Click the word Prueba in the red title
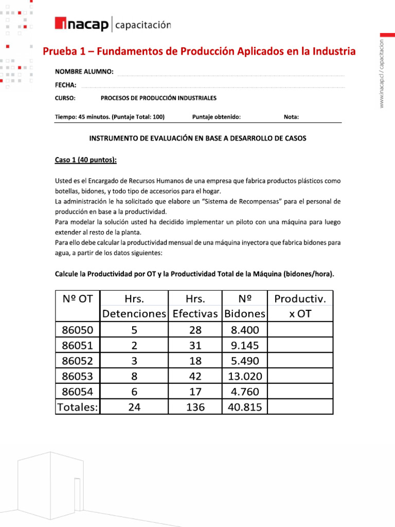point(59,51)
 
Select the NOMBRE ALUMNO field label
point(84,72)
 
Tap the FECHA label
point(66,85)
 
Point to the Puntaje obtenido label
point(216,117)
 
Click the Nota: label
point(291,117)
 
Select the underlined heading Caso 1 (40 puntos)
point(86,160)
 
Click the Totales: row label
point(77,407)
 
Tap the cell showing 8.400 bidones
point(245,329)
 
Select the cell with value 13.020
point(245,376)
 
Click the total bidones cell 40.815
point(245,407)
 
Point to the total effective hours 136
point(195,407)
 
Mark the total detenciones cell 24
point(134,407)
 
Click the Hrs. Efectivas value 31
point(195,345)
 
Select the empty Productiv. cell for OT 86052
point(300,360)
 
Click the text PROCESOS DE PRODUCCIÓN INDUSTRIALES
point(158,98)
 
